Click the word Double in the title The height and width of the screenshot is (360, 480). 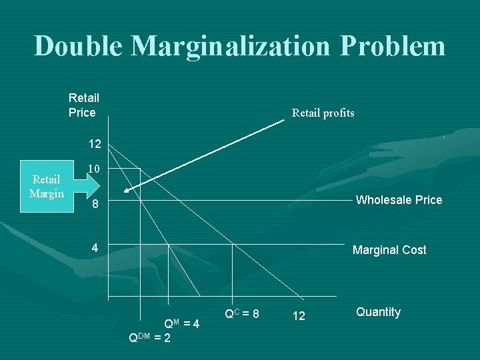click(78, 46)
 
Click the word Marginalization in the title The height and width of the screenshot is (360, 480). click(229, 46)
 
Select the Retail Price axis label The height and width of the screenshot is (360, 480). click(83, 105)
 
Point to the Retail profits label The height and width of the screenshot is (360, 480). click(323, 113)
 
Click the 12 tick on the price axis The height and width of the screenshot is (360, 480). click(95, 144)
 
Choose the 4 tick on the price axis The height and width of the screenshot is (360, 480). click(95, 248)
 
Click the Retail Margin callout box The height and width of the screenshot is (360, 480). click(47, 187)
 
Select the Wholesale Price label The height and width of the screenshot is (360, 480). click(399, 200)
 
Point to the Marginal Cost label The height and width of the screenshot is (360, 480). click(389, 250)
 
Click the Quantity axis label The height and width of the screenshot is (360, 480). click(378, 312)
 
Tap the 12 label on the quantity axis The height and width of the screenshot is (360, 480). click(299, 316)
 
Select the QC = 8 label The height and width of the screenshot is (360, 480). click(242, 313)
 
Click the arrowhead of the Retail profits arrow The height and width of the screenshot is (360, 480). click(127, 191)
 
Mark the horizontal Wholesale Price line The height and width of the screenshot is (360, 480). click(267, 201)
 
